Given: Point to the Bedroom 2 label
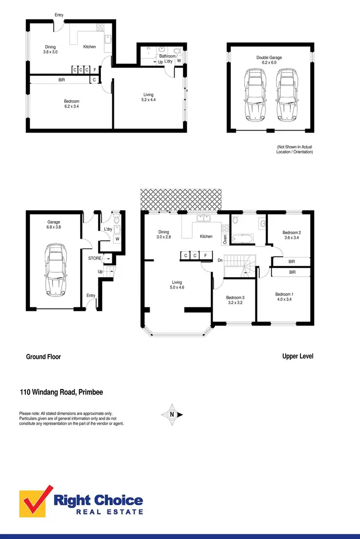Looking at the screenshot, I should coord(292,235).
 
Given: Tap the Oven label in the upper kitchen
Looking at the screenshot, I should coord(225,239).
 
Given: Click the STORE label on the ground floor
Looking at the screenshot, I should coord(95,258).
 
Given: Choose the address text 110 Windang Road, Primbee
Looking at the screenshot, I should coord(61,392).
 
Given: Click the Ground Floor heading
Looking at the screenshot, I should coord(43,357).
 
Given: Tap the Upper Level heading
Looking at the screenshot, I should coord(298,356).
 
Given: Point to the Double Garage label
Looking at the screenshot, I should coord(269,60).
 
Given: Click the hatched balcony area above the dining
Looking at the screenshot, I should coord(181,200).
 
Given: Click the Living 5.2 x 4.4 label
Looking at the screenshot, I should coord(149,98).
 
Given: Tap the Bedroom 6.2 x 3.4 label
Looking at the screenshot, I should coord(72,104).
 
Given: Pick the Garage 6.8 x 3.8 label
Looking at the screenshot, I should coord(54,225).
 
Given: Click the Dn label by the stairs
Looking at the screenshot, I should coord(220,260).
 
